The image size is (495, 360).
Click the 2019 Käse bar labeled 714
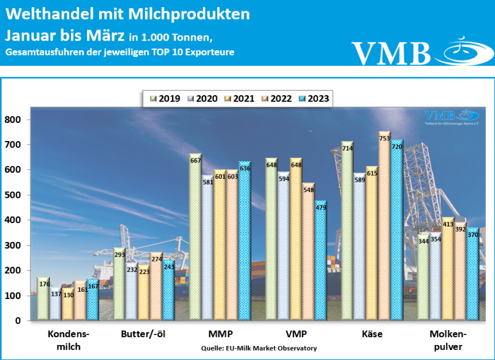coord(347,232)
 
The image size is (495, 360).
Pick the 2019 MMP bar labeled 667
coord(195,237)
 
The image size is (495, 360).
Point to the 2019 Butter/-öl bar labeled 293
coord(119,285)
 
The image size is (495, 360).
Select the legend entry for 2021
coord(239,99)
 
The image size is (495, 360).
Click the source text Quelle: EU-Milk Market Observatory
coord(259,348)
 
